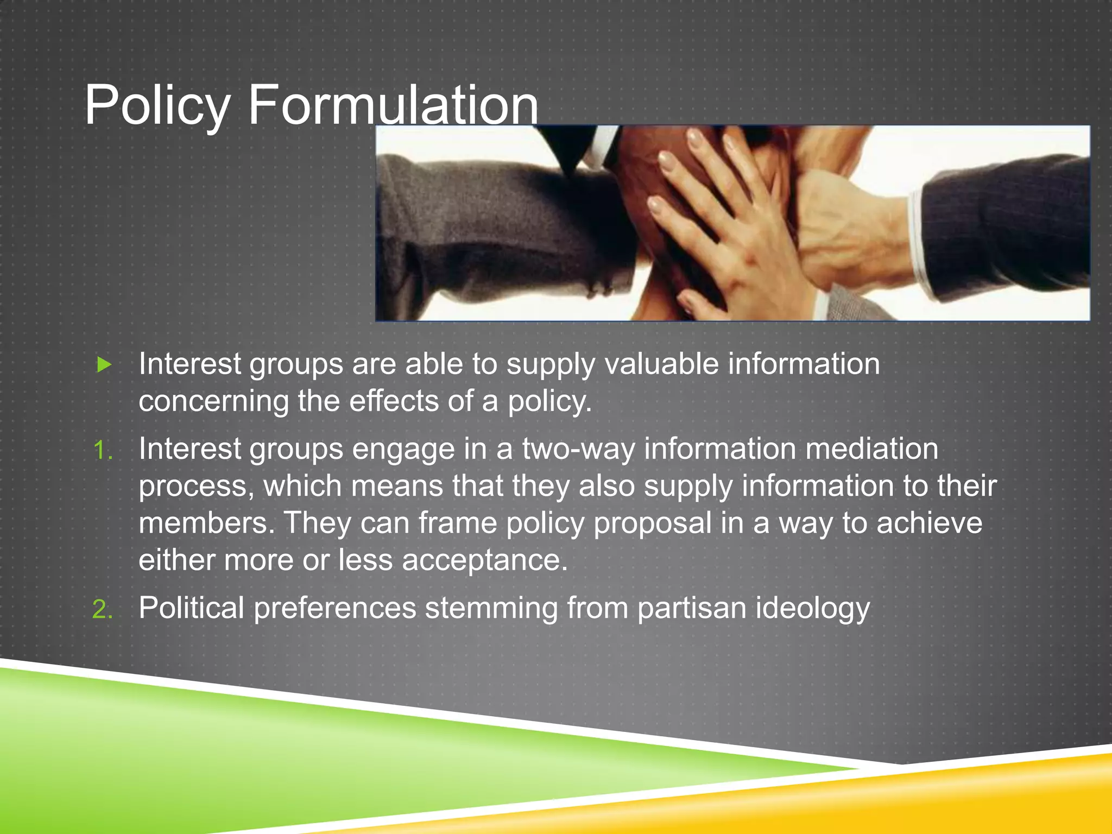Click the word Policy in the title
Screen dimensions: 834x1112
pos(157,105)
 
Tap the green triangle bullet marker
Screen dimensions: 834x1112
pos(104,365)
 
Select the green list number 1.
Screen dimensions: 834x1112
pos(102,451)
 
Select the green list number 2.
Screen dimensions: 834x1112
pos(102,609)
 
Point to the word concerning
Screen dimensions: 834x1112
pos(213,402)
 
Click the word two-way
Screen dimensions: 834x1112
pos(578,450)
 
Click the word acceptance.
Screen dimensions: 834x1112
pos(484,560)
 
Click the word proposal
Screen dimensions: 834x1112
pos(652,524)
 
